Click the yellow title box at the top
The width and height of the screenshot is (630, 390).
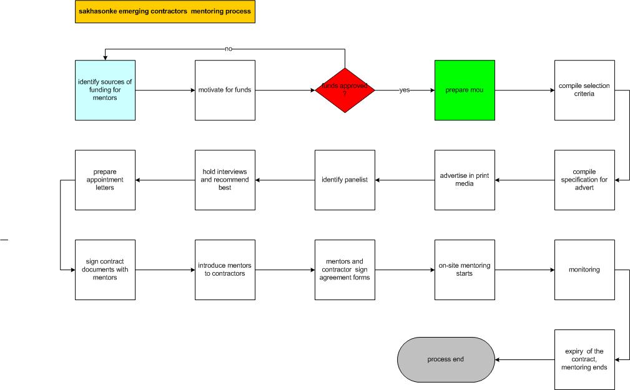click(165, 11)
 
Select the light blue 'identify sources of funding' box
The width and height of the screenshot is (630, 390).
click(106, 90)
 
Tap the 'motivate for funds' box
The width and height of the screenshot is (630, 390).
click(225, 90)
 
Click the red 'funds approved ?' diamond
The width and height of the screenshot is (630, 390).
click(345, 90)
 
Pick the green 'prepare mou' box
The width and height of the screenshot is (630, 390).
click(465, 90)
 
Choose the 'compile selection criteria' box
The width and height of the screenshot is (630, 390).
click(584, 90)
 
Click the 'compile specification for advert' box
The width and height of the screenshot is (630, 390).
click(584, 180)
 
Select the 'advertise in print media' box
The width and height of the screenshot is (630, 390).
click(465, 180)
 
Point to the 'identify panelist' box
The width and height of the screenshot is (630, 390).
click(345, 180)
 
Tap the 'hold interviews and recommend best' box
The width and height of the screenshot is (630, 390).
click(225, 180)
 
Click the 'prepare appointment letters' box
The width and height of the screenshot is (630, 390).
click(106, 180)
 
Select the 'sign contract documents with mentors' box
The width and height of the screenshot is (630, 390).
click(106, 270)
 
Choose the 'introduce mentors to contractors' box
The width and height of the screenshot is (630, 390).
click(225, 270)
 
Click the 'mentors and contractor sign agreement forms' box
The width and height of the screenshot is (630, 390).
click(345, 270)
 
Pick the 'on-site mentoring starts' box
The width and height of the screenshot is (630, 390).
click(465, 270)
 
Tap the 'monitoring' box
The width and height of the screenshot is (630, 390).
click(584, 270)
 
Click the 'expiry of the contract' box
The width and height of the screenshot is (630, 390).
click(584, 359)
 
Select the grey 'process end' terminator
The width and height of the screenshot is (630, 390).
click(446, 359)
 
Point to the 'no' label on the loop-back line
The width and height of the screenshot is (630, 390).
click(229, 49)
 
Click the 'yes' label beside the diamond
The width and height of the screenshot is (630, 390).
click(405, 90)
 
